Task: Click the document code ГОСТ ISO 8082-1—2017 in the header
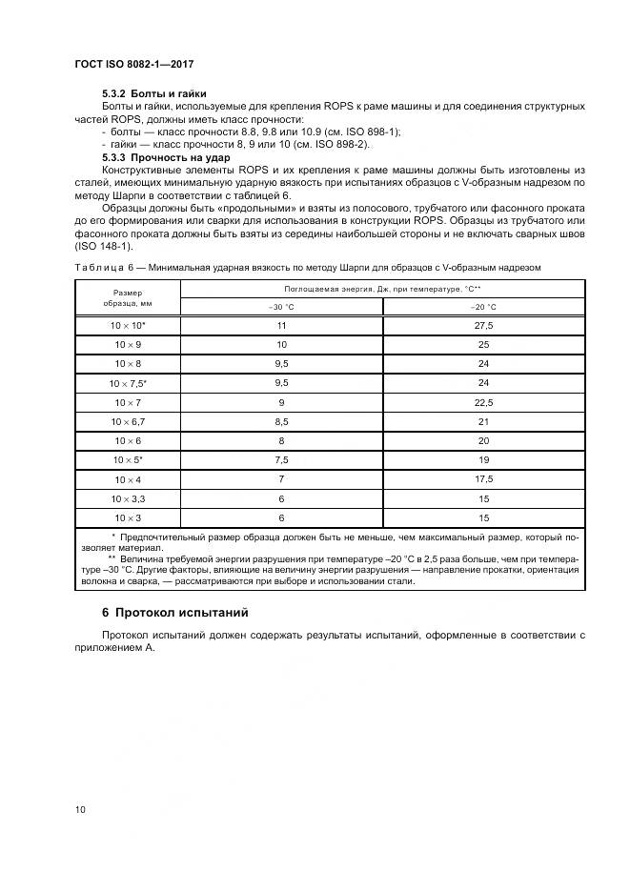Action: tap(140, 63)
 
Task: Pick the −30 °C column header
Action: tap(282, 307)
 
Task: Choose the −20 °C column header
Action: tap(484, 307)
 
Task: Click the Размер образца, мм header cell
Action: tap(127, 297)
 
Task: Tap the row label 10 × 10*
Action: tap(127, 325)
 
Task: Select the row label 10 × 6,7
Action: tap(127, 421)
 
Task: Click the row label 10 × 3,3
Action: tap(127, 498)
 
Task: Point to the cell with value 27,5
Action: tap(484, 325)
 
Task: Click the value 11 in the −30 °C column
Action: tap(282, 325)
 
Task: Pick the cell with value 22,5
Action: tap(484, 402)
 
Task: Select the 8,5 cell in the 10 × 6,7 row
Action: tap(282, 421)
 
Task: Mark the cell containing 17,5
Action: tap(484, 479)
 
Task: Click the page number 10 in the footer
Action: tap(80, 810)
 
